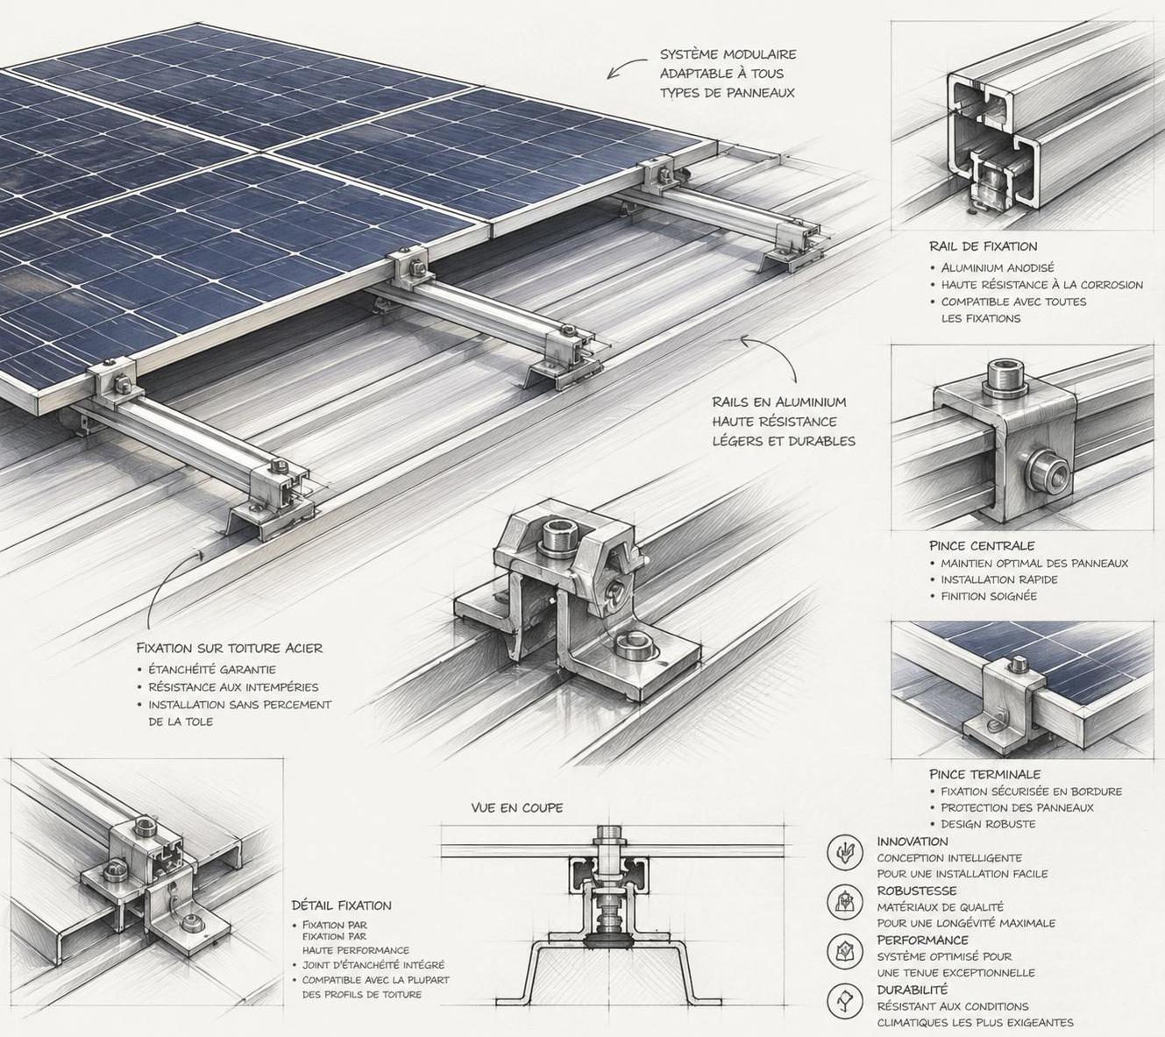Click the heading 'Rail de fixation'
[x=983, y=246]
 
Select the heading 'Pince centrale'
[x=982, y=545]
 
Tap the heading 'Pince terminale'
[x=984, y=774]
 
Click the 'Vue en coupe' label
[x=516, y=807]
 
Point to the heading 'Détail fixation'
[x=341, y=906]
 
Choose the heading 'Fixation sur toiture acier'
[x=229, y=648]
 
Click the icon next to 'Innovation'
[x=845, y=852]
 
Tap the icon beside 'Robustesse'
[x=845, y=901]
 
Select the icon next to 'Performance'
[x=845, y=950]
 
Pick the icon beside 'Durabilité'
[x=845, y=999]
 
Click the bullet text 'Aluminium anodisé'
[x=998, y=267]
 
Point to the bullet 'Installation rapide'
[x=998, y=579]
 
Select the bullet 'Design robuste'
[x=988, y=824]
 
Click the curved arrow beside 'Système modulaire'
[x=624, y=68]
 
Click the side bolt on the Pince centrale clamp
[x=1048, y=472]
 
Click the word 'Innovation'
[x=912, y=842]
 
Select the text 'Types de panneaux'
[x=727, y=93]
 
